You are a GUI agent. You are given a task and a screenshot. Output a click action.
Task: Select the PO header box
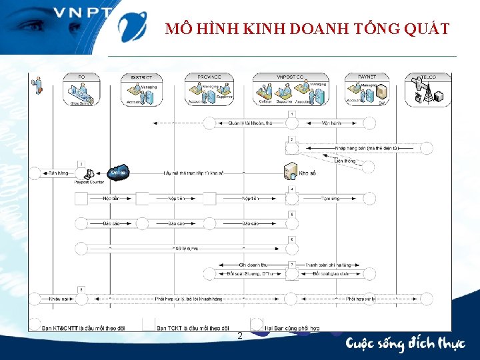click(81, 89)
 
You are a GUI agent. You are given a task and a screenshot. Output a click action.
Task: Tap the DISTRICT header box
click(141, 89)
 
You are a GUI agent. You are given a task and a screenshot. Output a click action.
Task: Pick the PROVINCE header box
click(209, 89)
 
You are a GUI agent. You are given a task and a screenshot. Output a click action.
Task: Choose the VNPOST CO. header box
click(291, 89)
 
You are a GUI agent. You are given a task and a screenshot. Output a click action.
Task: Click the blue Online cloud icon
click(119, 172)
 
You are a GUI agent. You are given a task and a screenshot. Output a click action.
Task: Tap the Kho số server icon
click(291, 172)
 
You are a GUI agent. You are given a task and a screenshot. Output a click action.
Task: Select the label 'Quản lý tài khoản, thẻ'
click(250, 123)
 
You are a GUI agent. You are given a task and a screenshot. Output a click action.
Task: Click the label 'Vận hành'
click(331, 123)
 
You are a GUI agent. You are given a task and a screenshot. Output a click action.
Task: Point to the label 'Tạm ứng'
click(331, 198)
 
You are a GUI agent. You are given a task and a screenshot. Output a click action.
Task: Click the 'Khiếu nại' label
click(58, 299)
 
